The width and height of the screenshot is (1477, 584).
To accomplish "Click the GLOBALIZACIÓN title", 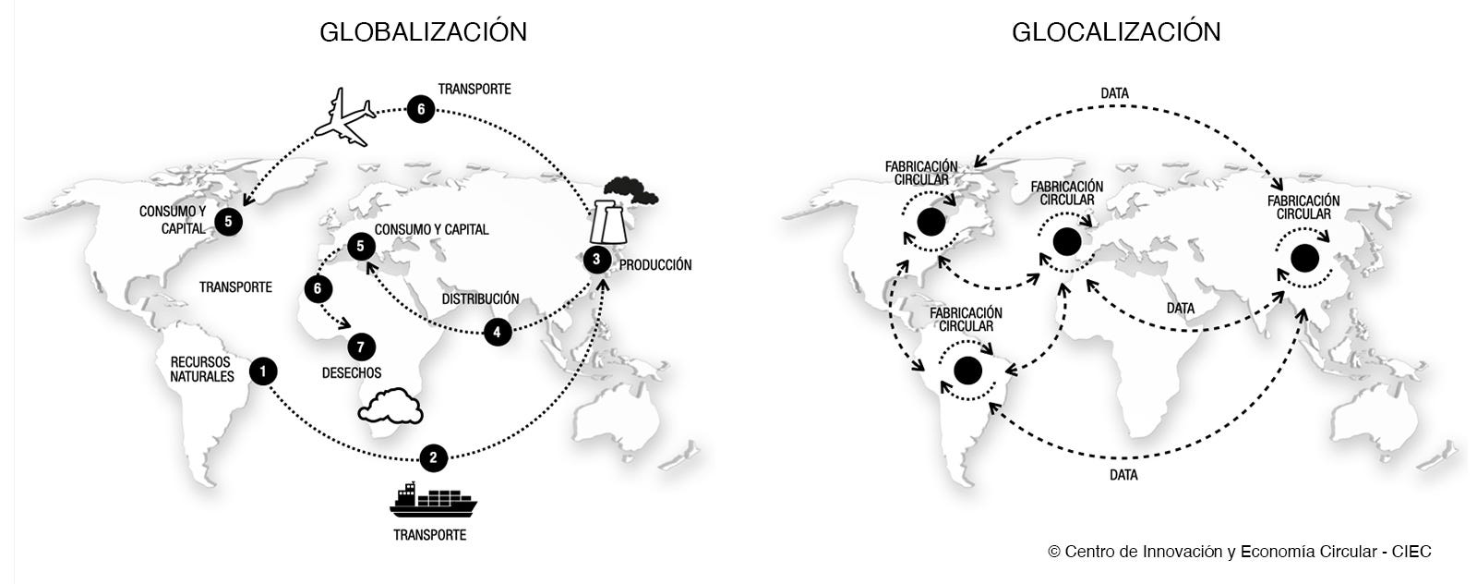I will [x=423, y=32].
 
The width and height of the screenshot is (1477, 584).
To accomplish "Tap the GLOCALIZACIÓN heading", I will [x=1116, y=32].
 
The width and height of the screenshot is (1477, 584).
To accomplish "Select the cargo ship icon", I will [x=433, y=501].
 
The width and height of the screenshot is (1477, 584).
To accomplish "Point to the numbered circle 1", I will [x=263, y=371].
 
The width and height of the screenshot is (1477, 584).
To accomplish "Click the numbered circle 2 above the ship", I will [x=433, y=457].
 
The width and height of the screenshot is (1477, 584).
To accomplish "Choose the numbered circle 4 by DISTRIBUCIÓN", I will [x=498, y=332].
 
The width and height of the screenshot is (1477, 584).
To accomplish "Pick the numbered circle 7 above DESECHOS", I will [x=361, y=347].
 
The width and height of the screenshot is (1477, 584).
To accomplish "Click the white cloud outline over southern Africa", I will [x=390, y=407].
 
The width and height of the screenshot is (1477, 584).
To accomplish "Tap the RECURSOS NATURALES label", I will [x=202, y=370].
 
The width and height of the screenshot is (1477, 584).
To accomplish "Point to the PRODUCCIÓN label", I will [x=654, y=265].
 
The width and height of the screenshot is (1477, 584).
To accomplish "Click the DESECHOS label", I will [x=352, y=373].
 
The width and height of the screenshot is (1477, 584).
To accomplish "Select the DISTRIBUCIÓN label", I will [x=480, y=299].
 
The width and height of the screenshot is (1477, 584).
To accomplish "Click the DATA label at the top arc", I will [x=1114, y=94].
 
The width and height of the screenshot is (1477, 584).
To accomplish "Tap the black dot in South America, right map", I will [x=967, y=371].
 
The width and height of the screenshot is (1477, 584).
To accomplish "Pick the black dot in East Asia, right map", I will [x=1304, y=258].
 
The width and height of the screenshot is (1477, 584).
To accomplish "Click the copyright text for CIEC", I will [x=1239, y=552].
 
